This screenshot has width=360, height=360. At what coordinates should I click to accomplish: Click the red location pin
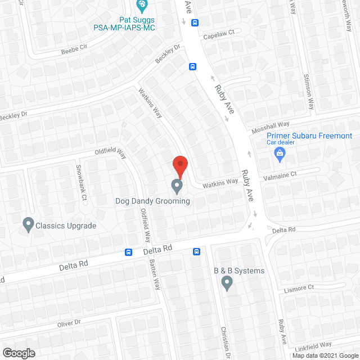pyautogui.click(x=179, y=166)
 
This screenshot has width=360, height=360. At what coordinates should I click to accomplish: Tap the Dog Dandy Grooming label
pyautogui.click(x=152, y=201)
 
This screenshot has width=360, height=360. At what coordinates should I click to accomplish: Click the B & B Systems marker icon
pyautogui.click(x=227, y=282)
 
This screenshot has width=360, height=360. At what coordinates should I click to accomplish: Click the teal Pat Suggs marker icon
pyautogui.click(x=142, y=6)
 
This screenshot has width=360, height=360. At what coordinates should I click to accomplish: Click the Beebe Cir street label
pyautogui.click(x=75, y=51)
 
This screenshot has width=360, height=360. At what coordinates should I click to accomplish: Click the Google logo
pyautogui.click(x=18, y=353)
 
